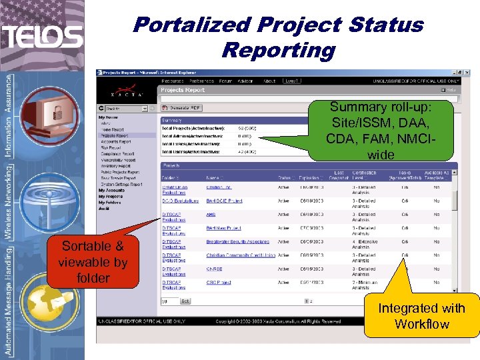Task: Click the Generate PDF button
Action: click(184, 108)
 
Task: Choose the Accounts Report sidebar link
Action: click(117, 141)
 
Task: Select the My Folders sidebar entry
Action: click(111, 203)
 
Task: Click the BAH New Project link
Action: click(223, 228)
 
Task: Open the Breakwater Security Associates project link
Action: click(237, 241)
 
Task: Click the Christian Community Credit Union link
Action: click(241, 255)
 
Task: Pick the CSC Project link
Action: click(219, 282)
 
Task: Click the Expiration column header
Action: click(309, 178)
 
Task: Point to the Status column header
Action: click(285, 178)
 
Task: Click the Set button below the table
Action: click(185, 301)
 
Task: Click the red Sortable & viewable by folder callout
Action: click(93, 261)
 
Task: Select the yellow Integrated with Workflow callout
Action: click(421, 316)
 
